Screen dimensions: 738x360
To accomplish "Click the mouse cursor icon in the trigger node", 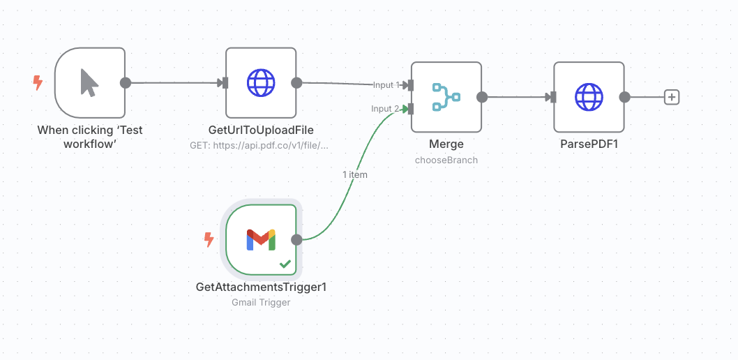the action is pos(89,83).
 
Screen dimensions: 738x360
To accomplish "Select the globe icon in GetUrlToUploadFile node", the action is pos(261,83).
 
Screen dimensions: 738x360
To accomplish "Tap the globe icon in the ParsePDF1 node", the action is pos(589,97).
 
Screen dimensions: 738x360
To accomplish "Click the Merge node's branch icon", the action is pos(446,97).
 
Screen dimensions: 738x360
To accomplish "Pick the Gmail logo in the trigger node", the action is pos(261,240).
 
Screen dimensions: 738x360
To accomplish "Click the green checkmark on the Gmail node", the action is pos(285,264).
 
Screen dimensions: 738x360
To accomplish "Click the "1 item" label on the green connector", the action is pos(355,174).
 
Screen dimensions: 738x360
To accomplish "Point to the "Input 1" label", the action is pos(386,84).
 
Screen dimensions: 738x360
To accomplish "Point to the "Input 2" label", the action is pos(385,109).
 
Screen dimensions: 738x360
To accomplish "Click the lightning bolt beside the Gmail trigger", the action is pos(209,239).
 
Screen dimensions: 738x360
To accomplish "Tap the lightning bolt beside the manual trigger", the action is pos(38,83).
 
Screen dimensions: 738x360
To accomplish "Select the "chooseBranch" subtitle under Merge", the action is pos(446,160).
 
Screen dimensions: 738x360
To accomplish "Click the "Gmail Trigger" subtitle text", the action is pos(261,302).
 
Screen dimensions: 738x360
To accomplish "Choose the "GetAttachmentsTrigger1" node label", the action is pos(261,287).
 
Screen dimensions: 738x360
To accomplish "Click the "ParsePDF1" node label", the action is pos(589,144).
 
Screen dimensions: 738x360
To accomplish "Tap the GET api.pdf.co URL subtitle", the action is pos(259,145).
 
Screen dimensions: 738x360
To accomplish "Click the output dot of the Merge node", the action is pos(482,97).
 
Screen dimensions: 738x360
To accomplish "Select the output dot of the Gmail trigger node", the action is pos(296,240).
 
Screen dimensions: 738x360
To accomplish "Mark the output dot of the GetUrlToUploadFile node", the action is pos(296,83).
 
